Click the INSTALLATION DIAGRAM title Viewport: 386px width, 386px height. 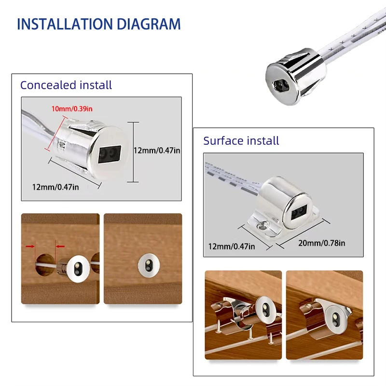coord(98,24)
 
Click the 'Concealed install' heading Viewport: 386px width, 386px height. coord(66,85)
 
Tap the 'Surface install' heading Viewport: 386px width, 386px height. coord(241,141)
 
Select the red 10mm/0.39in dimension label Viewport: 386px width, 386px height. coord(71,109)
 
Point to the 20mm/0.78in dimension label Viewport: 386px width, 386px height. coord(321,243)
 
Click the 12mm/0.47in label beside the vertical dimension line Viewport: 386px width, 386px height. coord(157,151)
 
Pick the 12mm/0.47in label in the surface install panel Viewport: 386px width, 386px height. coord(232,246)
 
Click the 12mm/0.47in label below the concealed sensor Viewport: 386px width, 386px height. coord(55,187)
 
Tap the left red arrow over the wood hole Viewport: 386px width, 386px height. coord(29,246)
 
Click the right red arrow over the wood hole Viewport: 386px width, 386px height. coord(61,246)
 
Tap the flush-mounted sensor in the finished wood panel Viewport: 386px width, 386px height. coord(146,264)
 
